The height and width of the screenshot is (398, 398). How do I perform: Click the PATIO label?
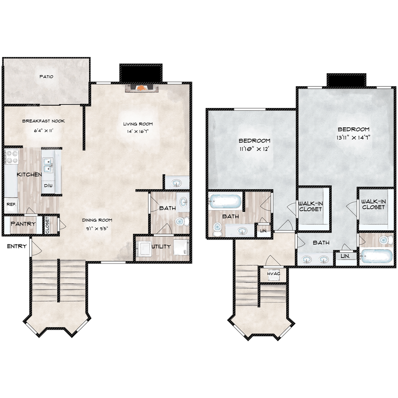pos(46,76)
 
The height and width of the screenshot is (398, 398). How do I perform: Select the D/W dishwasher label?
pos(48,186)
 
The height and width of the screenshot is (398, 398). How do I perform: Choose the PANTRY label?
pos(23,224)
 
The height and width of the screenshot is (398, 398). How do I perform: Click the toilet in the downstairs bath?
pos(182,221)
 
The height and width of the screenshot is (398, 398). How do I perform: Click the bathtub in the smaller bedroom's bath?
pos(225,202)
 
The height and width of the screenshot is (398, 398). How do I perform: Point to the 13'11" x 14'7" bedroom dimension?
pos(353,137)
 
